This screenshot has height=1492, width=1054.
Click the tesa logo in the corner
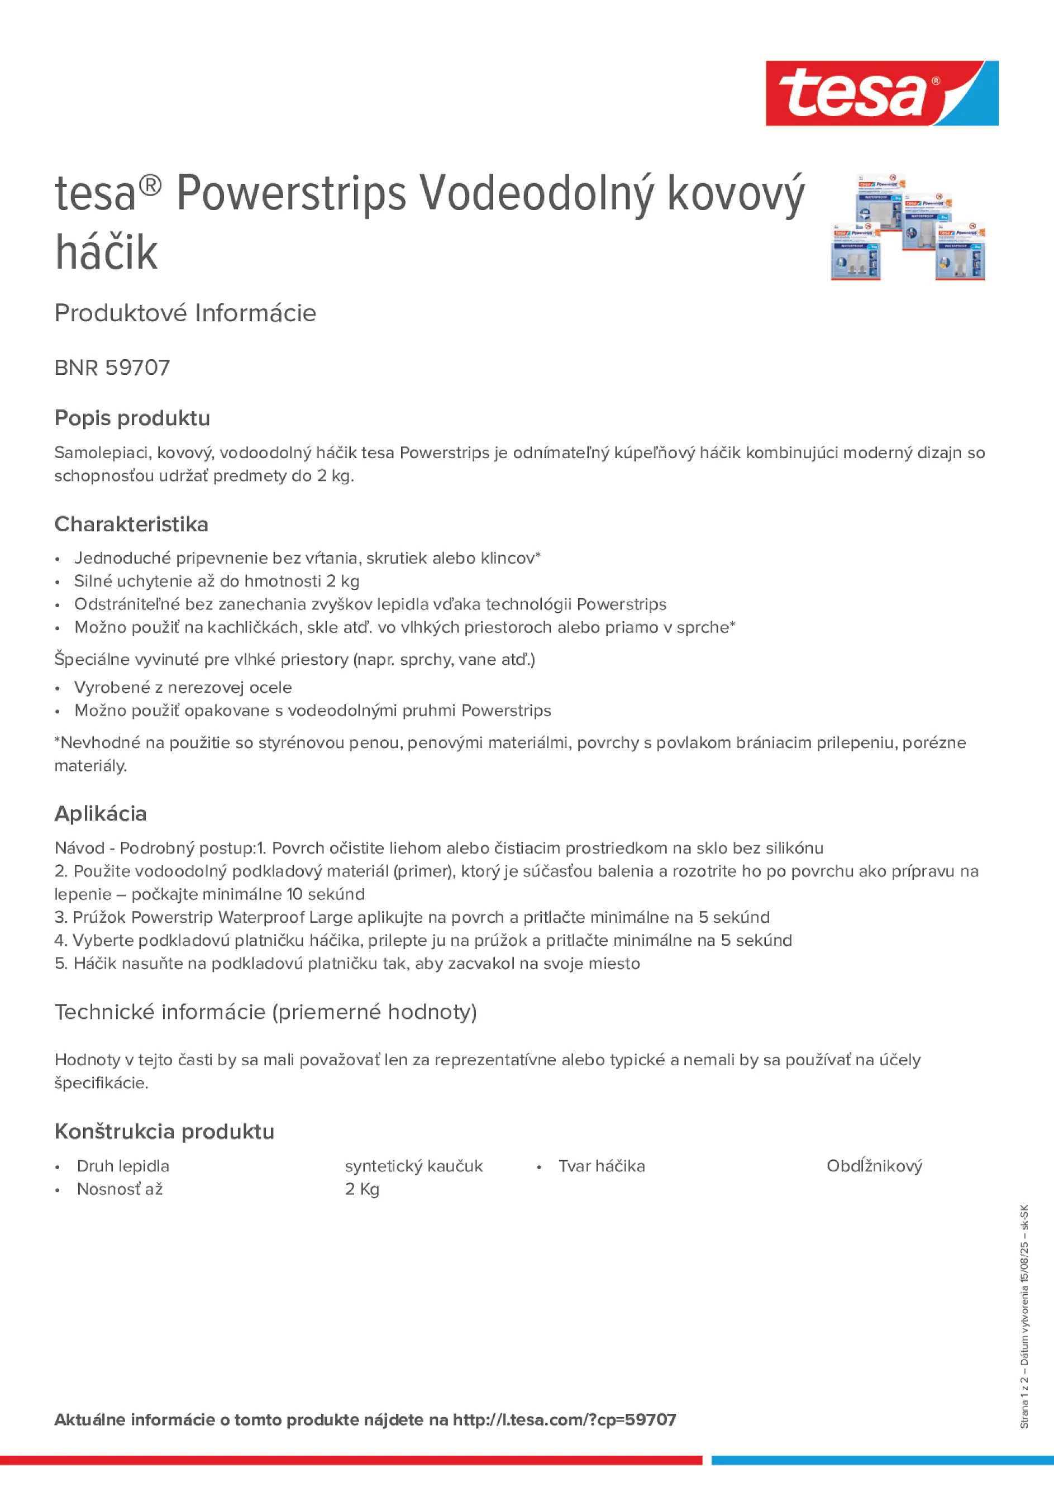(881, 93)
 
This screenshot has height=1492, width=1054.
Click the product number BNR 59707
(112, 368)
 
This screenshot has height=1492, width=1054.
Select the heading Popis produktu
(132, 418)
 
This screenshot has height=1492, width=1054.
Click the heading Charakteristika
(131, 524)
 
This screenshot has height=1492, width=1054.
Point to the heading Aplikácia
(101, 813)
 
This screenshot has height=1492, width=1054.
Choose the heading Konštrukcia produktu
(164, 1131)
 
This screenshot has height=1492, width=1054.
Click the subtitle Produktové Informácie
(185, 313)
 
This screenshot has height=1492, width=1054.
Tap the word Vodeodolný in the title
(537, 194)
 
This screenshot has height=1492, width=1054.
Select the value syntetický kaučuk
(413, 1166)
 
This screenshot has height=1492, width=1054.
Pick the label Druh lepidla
(123, 1166)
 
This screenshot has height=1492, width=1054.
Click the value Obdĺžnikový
(874, 1166)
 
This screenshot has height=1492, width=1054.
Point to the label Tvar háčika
(602, 1166)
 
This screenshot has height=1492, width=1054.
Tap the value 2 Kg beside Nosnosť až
(362, 1189)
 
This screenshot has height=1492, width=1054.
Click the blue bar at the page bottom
(882, 1460)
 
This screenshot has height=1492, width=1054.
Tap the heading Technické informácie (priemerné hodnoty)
(265, 1012)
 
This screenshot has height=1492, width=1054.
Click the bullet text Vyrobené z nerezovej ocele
(183, 688)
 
